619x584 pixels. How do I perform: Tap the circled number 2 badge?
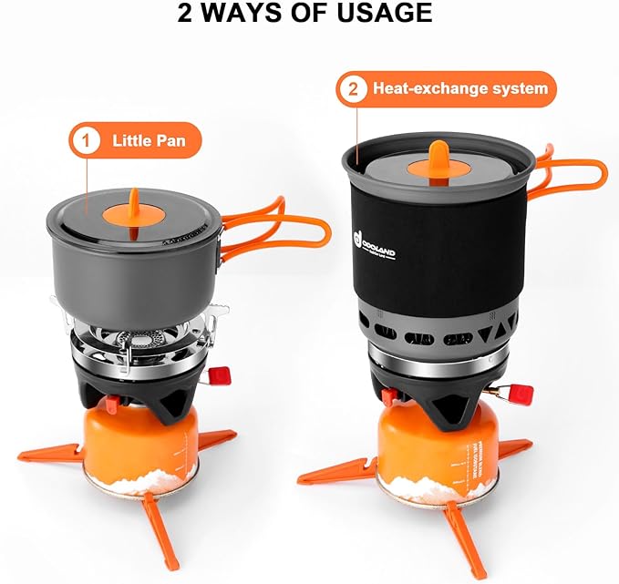pos(351,89)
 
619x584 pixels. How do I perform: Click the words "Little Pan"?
pos(148,140)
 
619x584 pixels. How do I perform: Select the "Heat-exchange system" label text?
pos(459,89)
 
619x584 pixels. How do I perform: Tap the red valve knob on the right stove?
pos(521,394)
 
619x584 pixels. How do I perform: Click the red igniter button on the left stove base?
pos(110,405)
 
